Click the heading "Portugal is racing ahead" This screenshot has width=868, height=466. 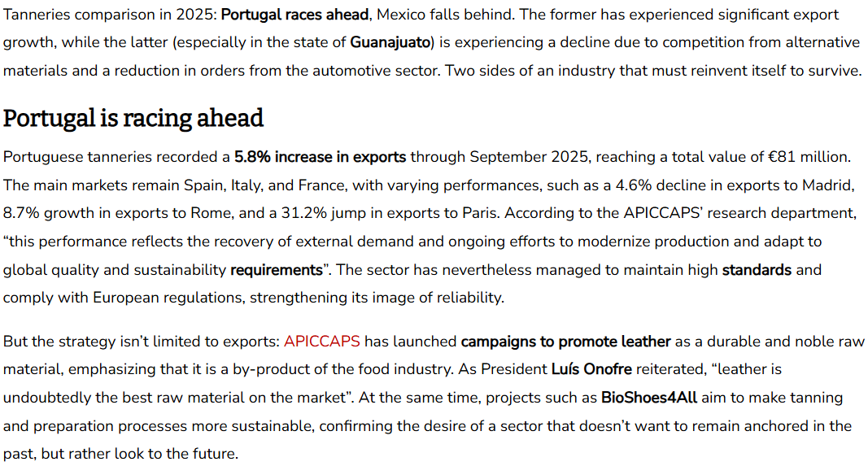tap(133, 119)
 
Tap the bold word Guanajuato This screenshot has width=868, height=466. tap(390, 42)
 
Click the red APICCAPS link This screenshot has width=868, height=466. tap(322, 342)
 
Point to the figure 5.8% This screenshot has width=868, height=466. tap(252, 157)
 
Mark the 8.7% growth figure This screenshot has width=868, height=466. tap(21, 213)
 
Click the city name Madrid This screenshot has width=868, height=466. tap(827, 185)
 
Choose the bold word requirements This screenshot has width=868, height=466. tap(277, 269)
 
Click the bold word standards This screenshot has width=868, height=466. tap(757, 269)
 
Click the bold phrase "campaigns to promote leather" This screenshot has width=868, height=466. tap(565, 342)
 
